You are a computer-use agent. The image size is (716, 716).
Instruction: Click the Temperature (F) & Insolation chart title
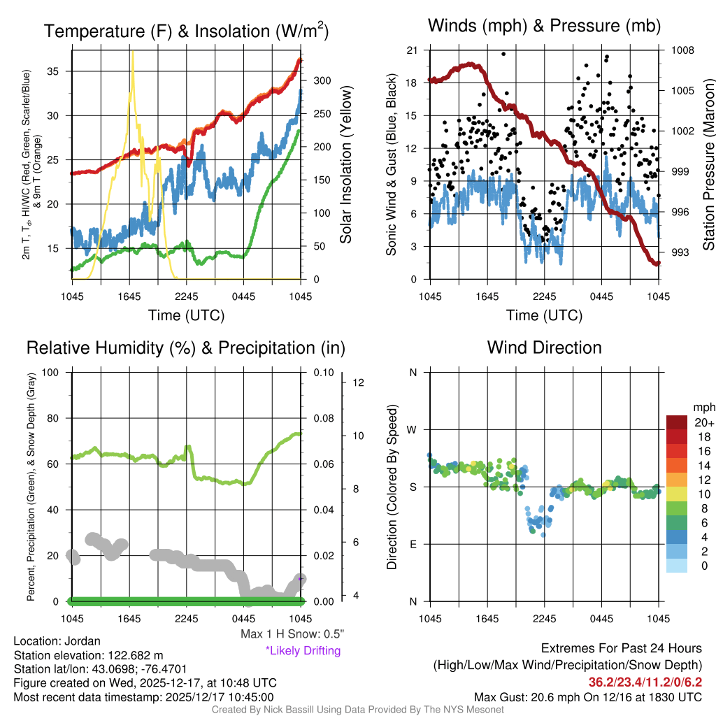[186, 31]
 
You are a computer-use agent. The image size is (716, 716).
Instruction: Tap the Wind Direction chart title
[544, 348]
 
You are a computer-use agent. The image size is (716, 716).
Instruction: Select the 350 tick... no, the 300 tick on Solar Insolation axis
[320, 80]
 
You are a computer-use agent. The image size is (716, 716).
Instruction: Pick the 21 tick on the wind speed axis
[412, 50]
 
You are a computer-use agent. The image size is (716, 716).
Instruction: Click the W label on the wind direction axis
[413, 429]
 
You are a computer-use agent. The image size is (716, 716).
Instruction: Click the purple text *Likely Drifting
[303, 651]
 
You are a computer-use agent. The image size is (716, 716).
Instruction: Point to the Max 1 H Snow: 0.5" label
[292, 634]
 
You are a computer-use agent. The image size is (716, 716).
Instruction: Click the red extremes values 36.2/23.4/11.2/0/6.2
[645, 682]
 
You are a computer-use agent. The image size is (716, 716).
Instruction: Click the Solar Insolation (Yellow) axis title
[346, 165]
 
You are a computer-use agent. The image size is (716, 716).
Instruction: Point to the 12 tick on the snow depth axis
[359, 382]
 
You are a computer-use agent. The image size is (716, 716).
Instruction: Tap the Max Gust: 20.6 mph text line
[588, 697]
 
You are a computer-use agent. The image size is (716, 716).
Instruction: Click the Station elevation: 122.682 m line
[88, 655]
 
